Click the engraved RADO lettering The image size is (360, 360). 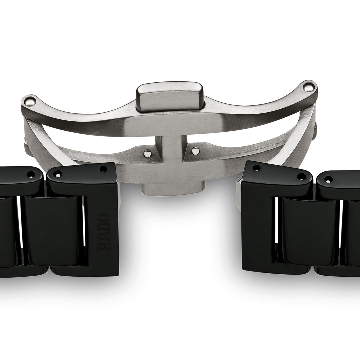click(104, 232)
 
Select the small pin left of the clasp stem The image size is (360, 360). click(146, 153)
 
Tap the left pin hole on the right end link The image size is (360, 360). click(256, 168)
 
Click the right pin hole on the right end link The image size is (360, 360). click(301, 176)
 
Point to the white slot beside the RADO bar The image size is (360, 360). click(84, 230)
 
